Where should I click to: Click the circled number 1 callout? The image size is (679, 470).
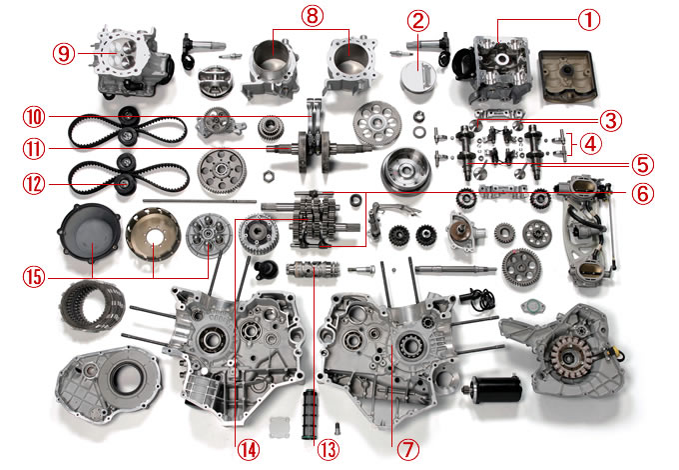(x=589, y=20)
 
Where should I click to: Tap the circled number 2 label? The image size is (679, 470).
(x=417, y=20)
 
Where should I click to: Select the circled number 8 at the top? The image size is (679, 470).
(x=313, y=16)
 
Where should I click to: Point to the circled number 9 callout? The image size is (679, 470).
(x=64, y=54)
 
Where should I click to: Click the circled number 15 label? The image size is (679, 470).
(x=34, y=277)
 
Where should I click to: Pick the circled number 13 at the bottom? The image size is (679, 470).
(x=328, y=450)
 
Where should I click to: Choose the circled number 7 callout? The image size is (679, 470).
(x=408, y=450)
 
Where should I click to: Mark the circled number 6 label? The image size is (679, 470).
(x=643, y=193)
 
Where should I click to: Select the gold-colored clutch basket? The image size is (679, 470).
(x=153, y=234)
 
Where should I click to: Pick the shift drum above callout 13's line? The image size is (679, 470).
(x=313, y=270)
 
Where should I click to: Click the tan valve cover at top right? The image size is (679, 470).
(x=568, y=77)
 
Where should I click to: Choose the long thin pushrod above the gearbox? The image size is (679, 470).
(x=200, y=201)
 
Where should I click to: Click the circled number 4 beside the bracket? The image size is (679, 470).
(x=590, y=144)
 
